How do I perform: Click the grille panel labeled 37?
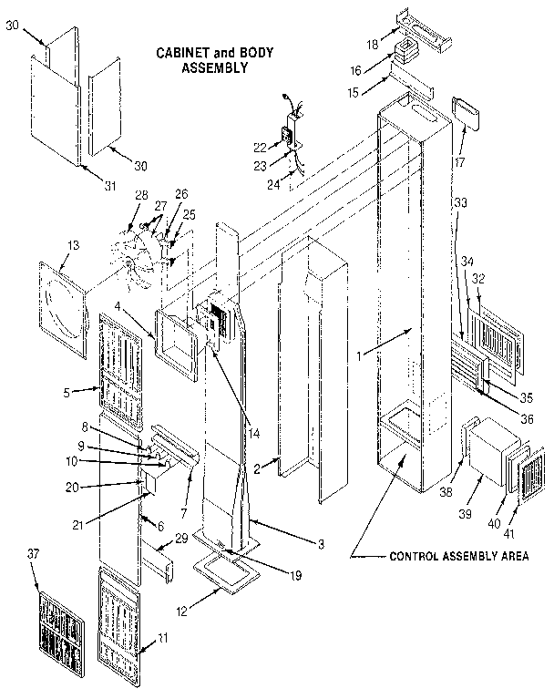[61, 628]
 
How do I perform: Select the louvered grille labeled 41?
[527, 476]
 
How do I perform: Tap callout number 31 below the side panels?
[110, 186]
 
